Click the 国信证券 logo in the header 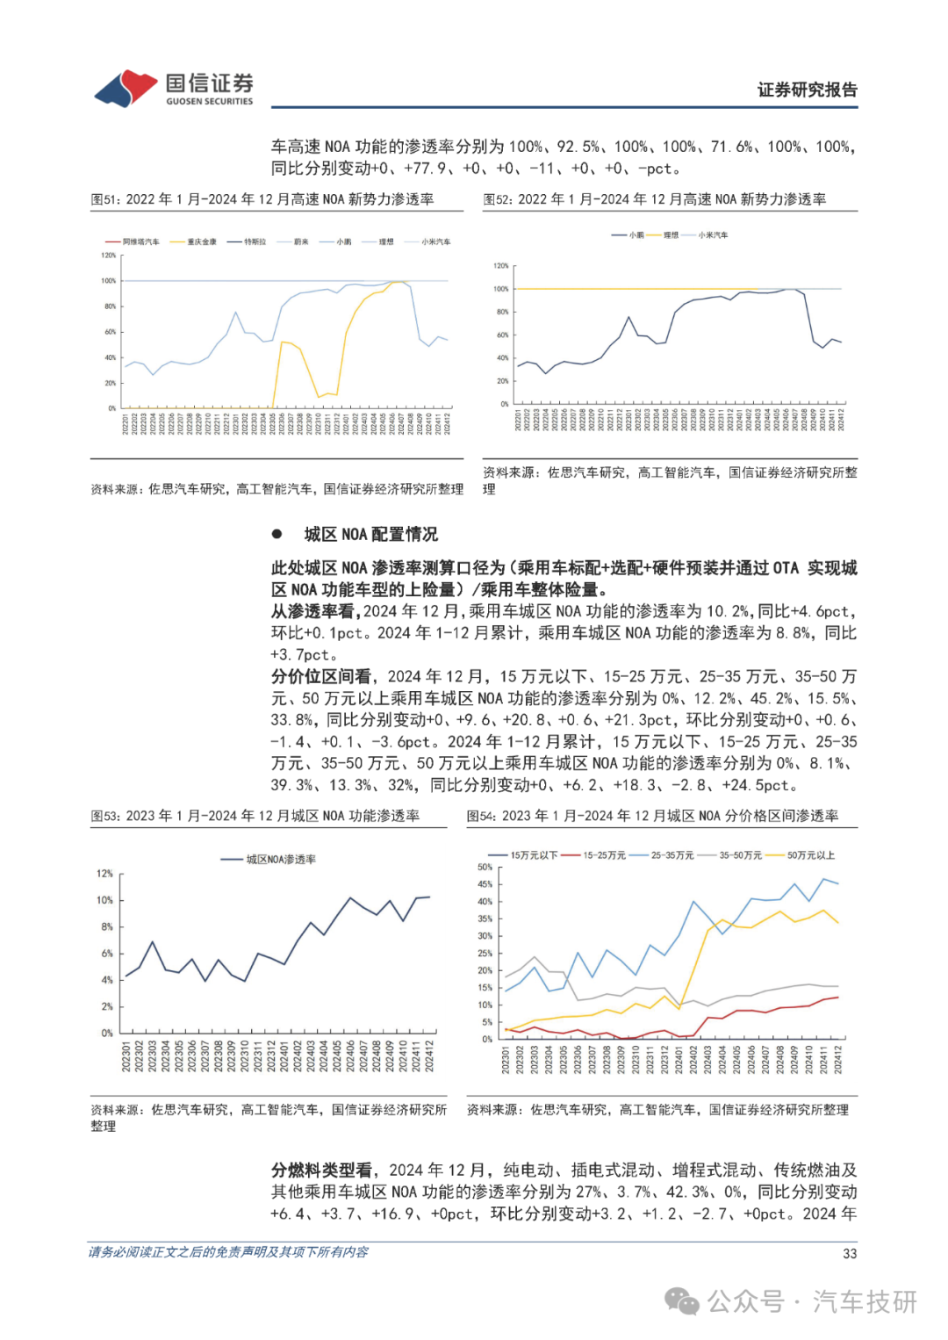coord(174,89)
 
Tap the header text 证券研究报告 coord(807,90)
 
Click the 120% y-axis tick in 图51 coord(109,256)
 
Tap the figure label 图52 coord(498,199)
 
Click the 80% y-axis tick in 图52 coord(502,312)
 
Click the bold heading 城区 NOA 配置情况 coord(370,534)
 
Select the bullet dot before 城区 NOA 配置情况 coord(277,534)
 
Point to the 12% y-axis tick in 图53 coord(104,874)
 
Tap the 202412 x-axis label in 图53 coord(429,1056)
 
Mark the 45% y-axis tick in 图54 coord(485,884)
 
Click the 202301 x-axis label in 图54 coord(506,1060)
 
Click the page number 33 coord(849,1254)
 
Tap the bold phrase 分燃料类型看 coord(321,1171)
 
